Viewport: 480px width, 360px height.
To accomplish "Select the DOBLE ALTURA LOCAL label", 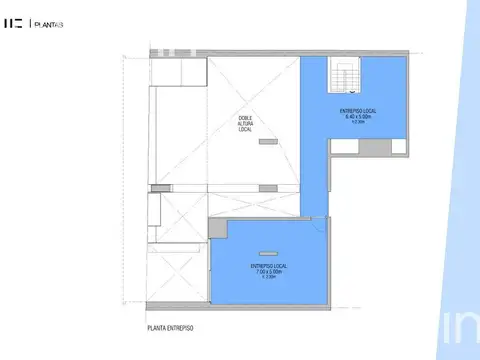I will coord(246,118).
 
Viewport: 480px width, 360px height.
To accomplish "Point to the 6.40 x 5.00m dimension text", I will coord(357,115).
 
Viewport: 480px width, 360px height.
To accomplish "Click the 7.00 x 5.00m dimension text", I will coord(268,271).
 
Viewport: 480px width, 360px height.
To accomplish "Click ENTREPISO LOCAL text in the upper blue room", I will coord(357,108).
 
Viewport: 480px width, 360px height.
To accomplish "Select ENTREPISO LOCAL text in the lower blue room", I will coord(268,264).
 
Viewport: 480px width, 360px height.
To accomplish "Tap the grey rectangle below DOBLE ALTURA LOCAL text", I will coord(267,143).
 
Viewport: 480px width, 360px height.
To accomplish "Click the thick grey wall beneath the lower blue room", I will coord(270,307).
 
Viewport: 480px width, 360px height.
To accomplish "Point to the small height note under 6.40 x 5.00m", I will coord(357,122).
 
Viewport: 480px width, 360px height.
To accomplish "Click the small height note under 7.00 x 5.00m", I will coord(268,277).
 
